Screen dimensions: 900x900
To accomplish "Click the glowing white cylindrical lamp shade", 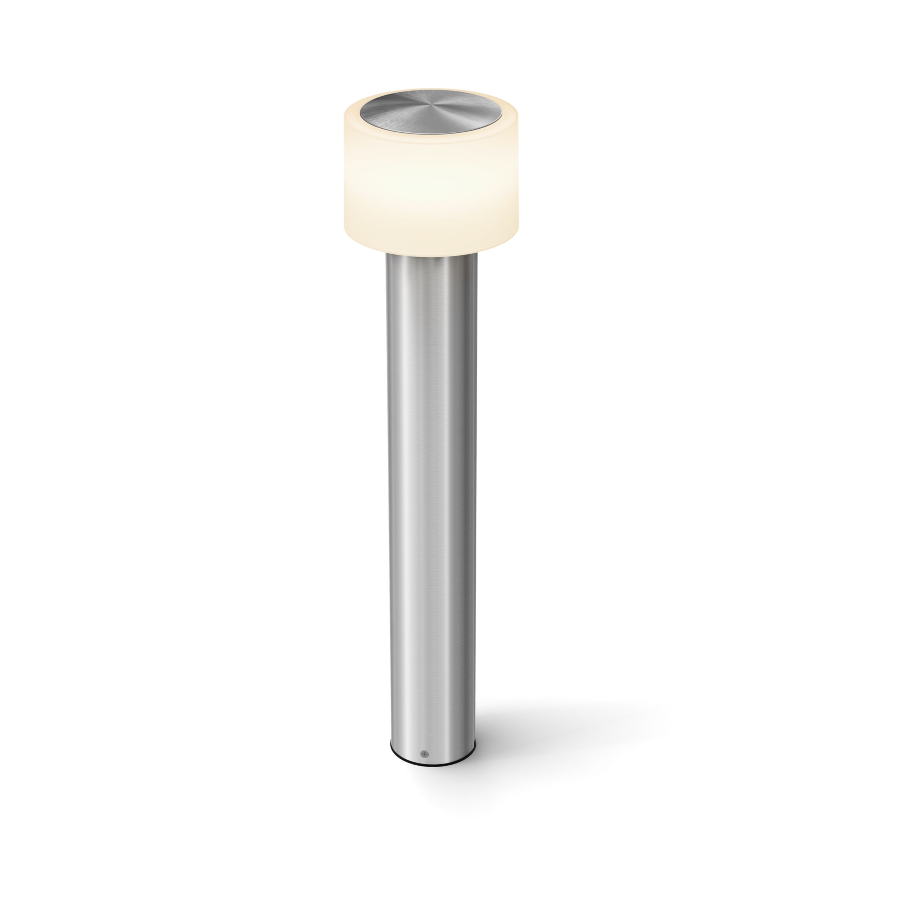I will [431, 186].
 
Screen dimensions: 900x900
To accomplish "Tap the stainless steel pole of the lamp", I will [431, 466].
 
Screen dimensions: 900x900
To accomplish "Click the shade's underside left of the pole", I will [368, 246].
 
